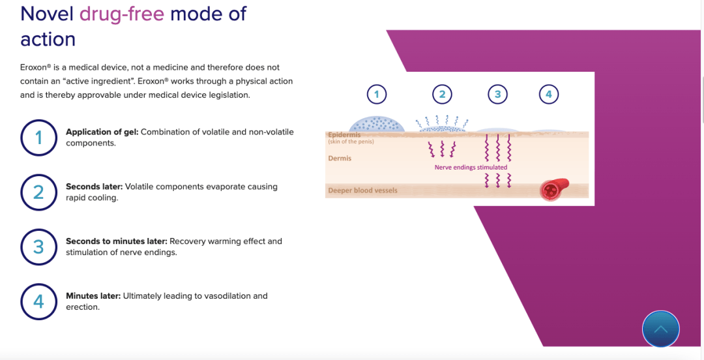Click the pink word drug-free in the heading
122,14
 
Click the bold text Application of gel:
102,132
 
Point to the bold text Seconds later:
95,187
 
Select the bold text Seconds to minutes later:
117,241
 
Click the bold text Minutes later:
93,296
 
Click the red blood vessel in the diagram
554,188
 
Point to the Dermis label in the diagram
340,158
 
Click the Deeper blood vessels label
363,190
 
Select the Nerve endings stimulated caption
471,167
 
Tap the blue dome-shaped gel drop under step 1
377,125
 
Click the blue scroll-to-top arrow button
661,329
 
